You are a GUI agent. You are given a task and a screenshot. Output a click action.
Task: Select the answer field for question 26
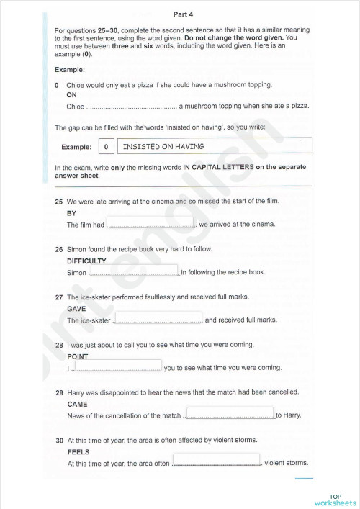click(x=133, y=271)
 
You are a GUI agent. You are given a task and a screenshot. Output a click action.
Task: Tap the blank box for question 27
click(x=158, y=318)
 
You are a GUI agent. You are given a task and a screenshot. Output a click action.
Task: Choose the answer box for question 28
click(x=118, y=366)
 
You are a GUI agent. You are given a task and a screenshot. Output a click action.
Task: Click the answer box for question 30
click(x=216, y=461)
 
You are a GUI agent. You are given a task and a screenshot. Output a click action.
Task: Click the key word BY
click(x=71, y=214)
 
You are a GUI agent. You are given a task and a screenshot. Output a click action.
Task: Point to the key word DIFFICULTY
click(x=86, y=261)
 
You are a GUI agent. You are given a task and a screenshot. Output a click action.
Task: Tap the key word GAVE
click(x=76, y=309)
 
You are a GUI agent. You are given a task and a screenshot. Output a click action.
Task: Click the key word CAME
click(x=77, y=404)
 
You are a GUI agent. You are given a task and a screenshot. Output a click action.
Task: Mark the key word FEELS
click(x=78, y=451)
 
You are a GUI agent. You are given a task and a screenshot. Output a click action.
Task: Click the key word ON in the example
click(x=71, y=94)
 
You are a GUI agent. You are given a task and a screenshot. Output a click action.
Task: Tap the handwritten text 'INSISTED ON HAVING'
click(x=163, y=146)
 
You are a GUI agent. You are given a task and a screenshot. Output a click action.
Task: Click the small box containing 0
click(x=106, y=147)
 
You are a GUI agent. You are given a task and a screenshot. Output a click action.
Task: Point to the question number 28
click(x=59, y=345)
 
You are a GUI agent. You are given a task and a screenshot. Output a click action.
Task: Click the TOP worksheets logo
click(x=334, y=498)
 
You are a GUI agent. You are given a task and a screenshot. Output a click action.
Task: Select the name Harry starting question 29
click(x=76, y=392)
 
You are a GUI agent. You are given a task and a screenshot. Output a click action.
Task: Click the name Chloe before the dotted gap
click(x=75, y=106)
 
